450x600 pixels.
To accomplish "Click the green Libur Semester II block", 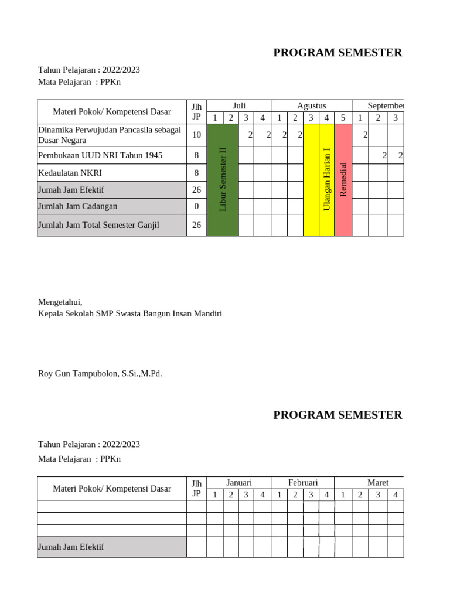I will click(x=223, y=179).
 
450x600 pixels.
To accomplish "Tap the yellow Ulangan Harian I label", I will click(x=327, y=179).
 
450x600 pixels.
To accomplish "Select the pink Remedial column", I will click(x=343, y=179).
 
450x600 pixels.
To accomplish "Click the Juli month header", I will click(x=239, y=105).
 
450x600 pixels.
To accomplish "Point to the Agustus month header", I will click(x=312, y=105).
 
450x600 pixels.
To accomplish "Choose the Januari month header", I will click(x=239, y=482).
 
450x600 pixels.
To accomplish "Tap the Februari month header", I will click(x=303, y=482).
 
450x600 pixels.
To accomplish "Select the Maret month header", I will click(x=377, y=482).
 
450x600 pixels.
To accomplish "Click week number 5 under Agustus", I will click(x=343, y=118).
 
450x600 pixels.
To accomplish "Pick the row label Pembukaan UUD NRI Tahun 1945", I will click(x=100, y=155).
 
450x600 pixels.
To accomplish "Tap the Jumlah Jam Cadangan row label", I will click(x=77, y=206).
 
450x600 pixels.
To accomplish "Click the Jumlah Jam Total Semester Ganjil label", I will click(x=98, y=225).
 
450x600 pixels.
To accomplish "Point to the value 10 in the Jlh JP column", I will click(x=196, y=135).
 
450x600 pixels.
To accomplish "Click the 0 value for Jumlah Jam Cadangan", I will click(x=196, y=206).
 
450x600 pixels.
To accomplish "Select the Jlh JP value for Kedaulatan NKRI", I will click(x=196, y=173).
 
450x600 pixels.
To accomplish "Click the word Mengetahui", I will click(x=60, y=302).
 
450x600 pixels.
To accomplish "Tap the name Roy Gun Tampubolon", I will click(x=100, y=373).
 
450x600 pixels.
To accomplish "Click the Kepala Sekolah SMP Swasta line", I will click(x=130, y=313).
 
